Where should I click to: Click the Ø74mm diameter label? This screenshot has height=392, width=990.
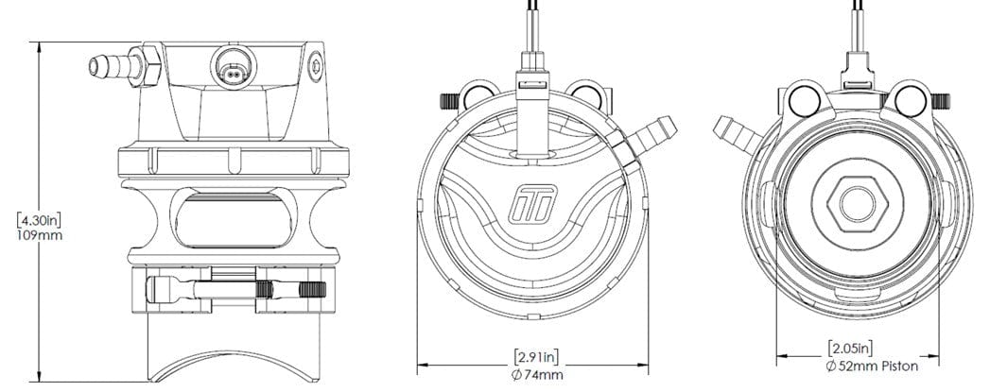[535, 375]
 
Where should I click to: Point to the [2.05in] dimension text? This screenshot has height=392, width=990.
[849, 347]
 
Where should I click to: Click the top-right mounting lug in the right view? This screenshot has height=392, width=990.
[912, 99]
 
